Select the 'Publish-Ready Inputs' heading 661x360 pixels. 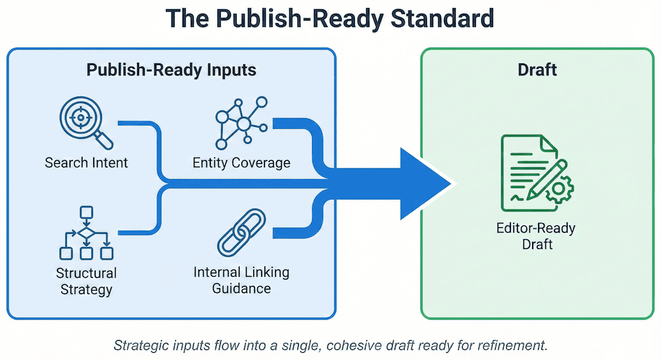tap(171, 70)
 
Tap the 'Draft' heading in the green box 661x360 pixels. tap(537, 70)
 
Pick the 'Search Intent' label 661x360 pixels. tap(86, 162)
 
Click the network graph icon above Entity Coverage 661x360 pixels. tap(241, 122)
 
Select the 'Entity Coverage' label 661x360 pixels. tap(241, 162)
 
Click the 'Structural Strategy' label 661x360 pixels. tap(86, 281)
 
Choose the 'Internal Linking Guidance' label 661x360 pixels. tap(241, 280)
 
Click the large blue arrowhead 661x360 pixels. tap(423, 183)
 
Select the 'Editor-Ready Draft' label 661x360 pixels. tap(536, 236)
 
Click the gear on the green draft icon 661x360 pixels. tap(561, 190)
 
